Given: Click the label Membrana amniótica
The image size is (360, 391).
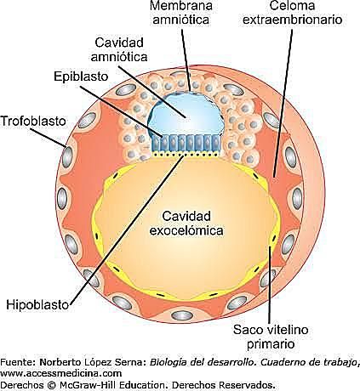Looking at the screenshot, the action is coord(181,13).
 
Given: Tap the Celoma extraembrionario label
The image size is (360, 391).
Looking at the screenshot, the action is coord(292,13).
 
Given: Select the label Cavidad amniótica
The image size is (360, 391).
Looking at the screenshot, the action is coord(119,49).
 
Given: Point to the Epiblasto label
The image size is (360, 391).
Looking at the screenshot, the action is coord(81,76).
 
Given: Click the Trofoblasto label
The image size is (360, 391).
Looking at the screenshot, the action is coord(33,121).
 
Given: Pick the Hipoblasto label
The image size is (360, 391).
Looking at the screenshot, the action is coord(37,305).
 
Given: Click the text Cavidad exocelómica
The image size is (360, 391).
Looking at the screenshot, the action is coord(186,224).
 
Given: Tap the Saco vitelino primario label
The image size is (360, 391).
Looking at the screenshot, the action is coord(271,337).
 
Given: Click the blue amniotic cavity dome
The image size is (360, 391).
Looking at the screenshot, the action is coord(185,114).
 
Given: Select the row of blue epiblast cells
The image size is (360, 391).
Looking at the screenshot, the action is coord(186,144).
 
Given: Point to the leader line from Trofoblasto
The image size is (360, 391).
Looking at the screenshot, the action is coord(49,138).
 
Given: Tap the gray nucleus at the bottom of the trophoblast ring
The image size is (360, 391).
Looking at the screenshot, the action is coord(180,314).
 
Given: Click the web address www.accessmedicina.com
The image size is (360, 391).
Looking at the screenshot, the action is coord(61,373).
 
